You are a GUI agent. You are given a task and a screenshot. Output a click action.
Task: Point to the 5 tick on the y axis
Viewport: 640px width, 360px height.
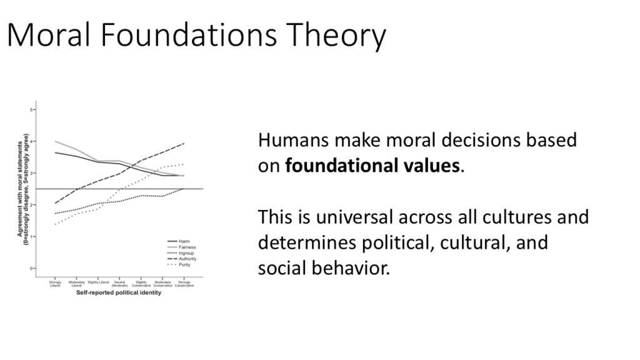(x=32, y=109)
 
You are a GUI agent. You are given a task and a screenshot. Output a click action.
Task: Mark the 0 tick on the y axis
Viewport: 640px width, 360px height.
(x=32, y=269)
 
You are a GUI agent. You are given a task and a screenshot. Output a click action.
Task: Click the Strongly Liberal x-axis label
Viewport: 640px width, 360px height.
(x=55, y=284)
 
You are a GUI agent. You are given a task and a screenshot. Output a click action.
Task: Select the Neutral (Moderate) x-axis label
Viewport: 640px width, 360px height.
(x=119, y=284)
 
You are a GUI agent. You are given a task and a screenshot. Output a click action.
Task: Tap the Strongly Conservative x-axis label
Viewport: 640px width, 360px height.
(x=184, y=284)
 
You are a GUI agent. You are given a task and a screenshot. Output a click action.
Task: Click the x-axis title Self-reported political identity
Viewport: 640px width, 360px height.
(x=119, y=294)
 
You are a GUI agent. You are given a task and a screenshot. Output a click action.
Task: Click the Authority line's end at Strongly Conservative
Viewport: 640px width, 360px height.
(x=184, y=143)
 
